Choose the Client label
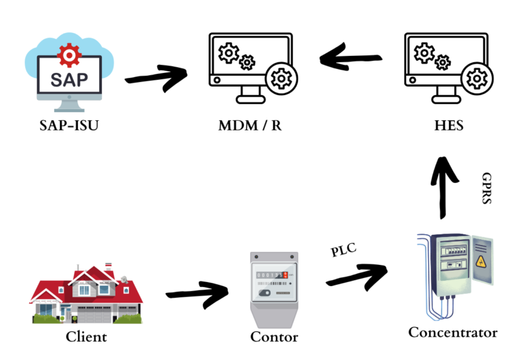tap(86, 337)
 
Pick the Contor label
tap(274, 337)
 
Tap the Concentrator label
tap(453, 333)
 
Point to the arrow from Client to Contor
tap(197, 294)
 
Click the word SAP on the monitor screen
tap(69, 79)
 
